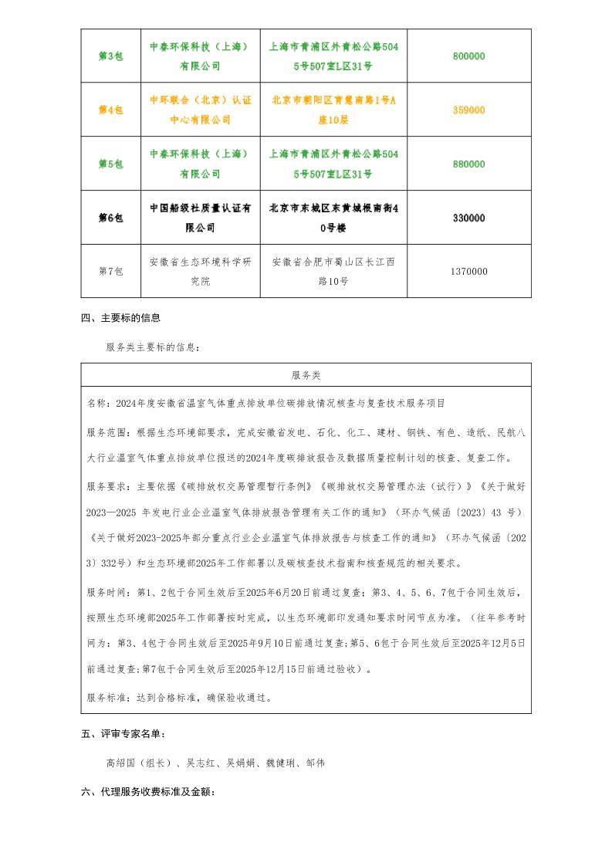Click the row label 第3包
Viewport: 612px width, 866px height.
(x=110, y=56)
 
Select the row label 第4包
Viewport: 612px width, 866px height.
(x=110, y=110)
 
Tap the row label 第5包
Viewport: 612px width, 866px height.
(x=110, y=164)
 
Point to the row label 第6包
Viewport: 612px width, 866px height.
(x=110, y=218)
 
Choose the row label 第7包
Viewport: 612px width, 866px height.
(x=110, y=272)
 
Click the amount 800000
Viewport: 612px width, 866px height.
(x=468, y=56)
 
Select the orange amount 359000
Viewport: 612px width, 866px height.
(x=468, y=110)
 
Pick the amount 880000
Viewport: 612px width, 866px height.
(x=468, y=164)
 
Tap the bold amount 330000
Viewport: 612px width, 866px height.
(x=468, y=218)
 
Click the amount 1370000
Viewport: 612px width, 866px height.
(x=468, y=272)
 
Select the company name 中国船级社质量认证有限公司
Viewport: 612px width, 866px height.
(x=200, y=218)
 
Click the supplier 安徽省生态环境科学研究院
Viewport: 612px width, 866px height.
(x=200, y=272)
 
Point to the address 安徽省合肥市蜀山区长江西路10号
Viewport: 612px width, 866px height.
(x=333, y=272)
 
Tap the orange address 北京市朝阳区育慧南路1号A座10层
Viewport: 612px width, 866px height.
(x=333, y=110)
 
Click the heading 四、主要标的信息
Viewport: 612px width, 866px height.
(x=120, y=318)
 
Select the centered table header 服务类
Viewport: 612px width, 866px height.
(x=306, y=375)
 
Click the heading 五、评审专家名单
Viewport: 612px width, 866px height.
(x=123, y=734)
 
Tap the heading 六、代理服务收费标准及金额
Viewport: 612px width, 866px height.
(x=147, y=793)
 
